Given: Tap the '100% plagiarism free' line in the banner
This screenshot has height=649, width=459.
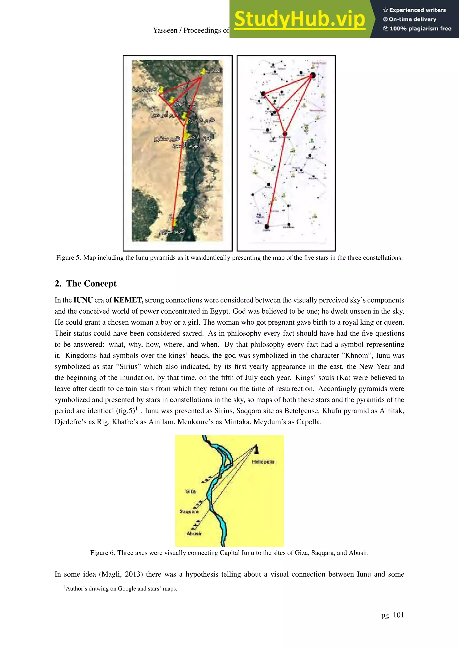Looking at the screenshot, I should pos(417,28).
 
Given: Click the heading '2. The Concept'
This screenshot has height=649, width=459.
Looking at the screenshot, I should pos(85,284).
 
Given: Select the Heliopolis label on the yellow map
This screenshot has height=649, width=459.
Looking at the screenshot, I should pos(263,462).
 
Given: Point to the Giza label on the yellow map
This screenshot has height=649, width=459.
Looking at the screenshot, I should pos(191,491).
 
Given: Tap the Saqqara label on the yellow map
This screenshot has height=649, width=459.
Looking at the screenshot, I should pos(189,511).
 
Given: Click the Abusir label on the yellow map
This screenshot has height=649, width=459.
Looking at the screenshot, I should pos(194,533).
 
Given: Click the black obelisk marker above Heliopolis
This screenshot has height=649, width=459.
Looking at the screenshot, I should pos(256,449).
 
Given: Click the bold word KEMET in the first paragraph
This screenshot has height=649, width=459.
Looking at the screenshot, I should pos(128,300).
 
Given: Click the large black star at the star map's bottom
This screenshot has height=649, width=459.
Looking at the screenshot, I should pos(266,226).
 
